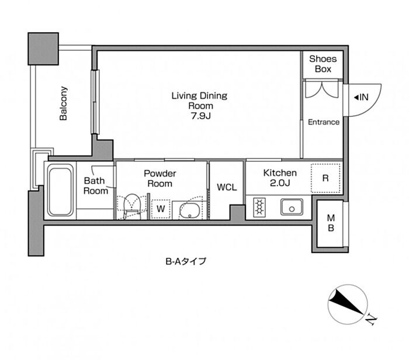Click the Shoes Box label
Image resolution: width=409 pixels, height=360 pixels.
click(x=323, y=64)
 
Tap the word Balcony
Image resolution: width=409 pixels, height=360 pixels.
click(x=63, y=103)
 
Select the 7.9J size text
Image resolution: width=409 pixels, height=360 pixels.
click(x=200, y=116)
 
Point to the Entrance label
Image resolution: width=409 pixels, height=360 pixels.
click(x=324, y=122)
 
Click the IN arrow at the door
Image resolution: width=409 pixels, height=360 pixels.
click(x=356, y=98)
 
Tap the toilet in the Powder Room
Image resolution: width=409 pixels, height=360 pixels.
click(x=132, y=206)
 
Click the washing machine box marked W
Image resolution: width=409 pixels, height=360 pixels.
click(x=161, y=209)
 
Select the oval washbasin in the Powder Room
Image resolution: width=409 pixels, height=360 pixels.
click(x=190, y=210)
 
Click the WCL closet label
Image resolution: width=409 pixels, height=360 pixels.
click(x=227, y=187)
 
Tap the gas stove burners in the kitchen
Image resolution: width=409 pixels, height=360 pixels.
click(x=259, y=207)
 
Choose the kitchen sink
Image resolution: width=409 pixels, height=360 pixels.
click(x=292, y=207)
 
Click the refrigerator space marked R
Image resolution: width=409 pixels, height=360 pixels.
click(x=325, y=178)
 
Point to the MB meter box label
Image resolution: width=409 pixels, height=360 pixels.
click(x=331, y=223)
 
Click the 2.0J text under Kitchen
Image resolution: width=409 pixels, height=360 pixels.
click(x=280, y=183)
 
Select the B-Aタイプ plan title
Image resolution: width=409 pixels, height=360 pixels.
click(x=186, y=261)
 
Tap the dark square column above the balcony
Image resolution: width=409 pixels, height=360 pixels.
click(x=43, y=49)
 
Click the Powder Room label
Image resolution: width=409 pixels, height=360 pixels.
click(x=160, y=178)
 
